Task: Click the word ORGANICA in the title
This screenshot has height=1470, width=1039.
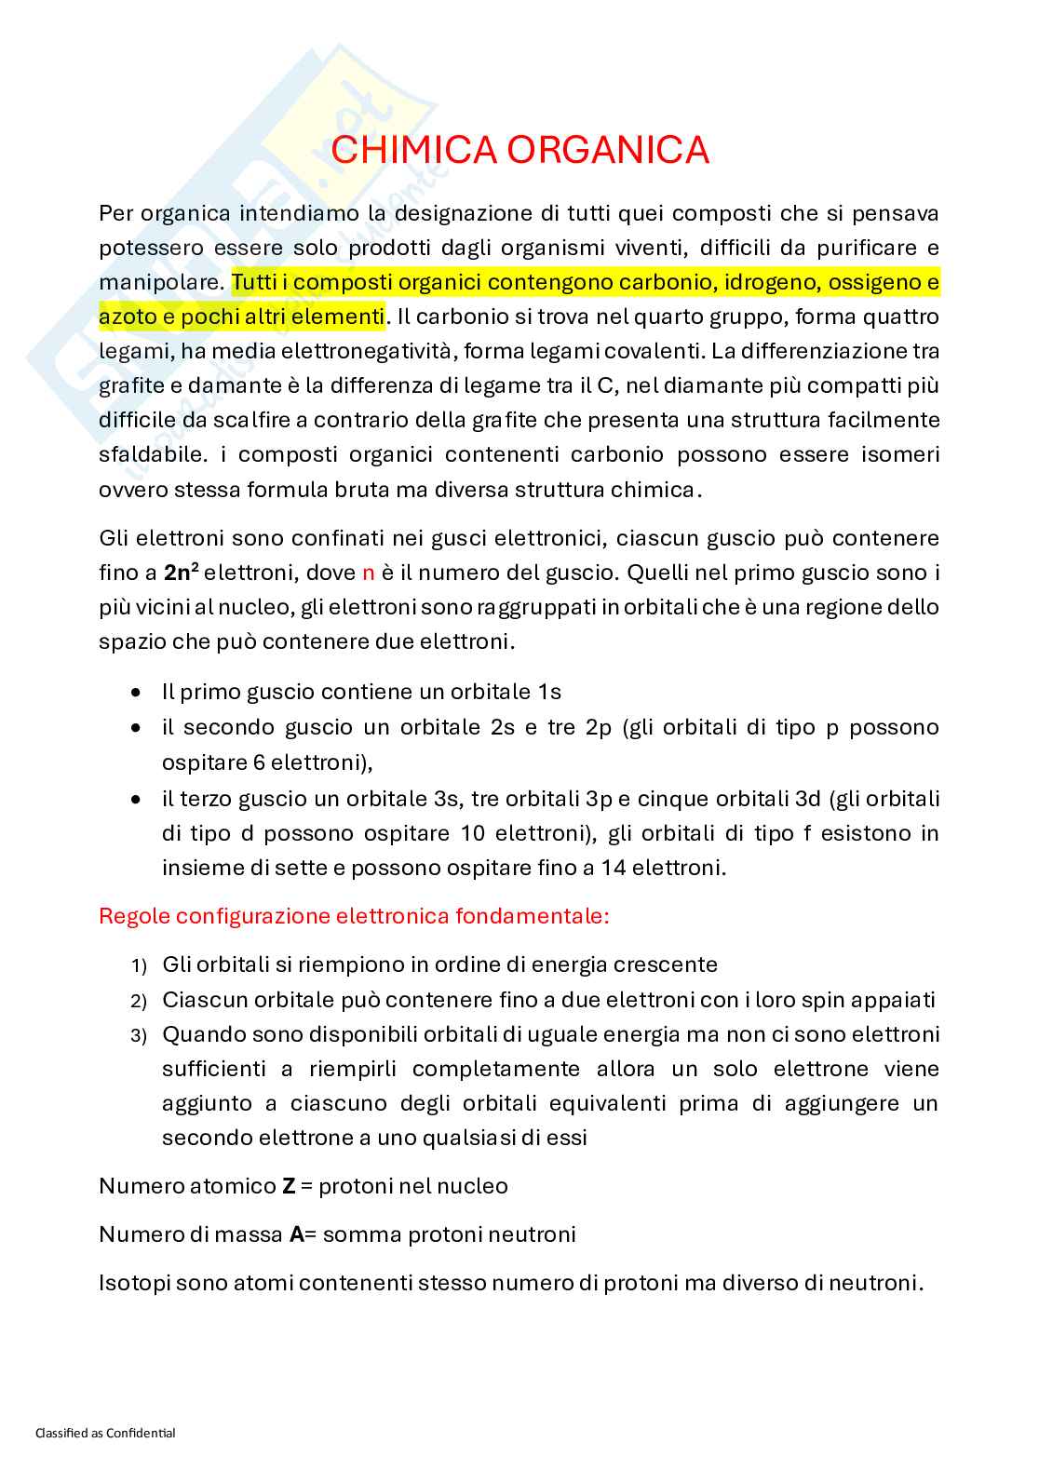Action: click(609, 150)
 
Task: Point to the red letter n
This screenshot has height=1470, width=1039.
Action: click(368, 573)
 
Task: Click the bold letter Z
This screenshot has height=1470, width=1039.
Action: click(289, 1186)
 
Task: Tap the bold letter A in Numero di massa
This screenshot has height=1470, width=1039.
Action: click(297, 1234)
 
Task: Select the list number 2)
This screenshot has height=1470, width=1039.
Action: click(139, 1002)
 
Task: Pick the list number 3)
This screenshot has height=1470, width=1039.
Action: click(139, 1036)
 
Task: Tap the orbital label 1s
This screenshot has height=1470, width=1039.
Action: click(549, 692)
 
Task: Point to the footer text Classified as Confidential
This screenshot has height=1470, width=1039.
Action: click(105, 1433)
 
